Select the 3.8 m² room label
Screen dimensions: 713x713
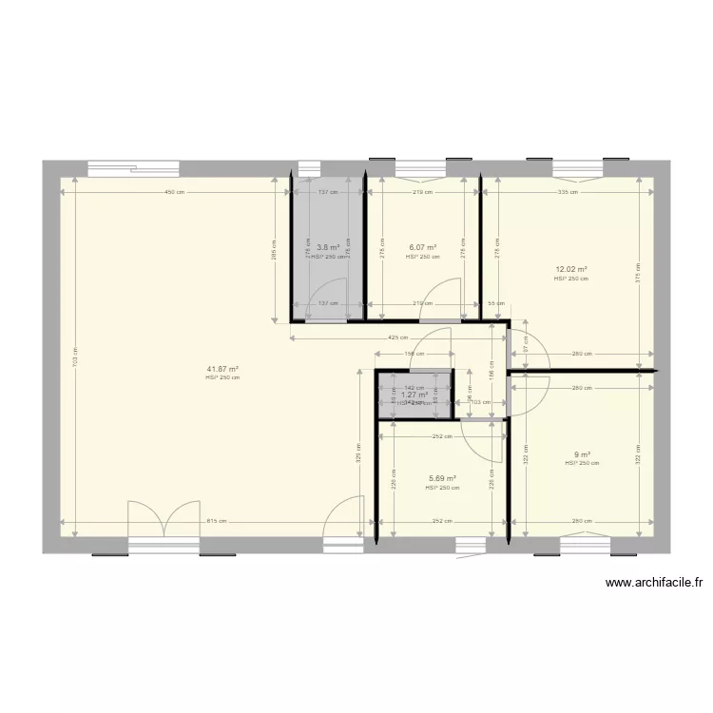click(328, 247)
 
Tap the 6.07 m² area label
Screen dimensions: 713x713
click(422, 247)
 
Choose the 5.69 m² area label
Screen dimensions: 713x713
click(442, 478)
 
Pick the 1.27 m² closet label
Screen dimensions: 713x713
click(414, 395)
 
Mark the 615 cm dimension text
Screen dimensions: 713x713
click(216, 521)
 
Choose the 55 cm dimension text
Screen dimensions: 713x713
click(494, 303)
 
